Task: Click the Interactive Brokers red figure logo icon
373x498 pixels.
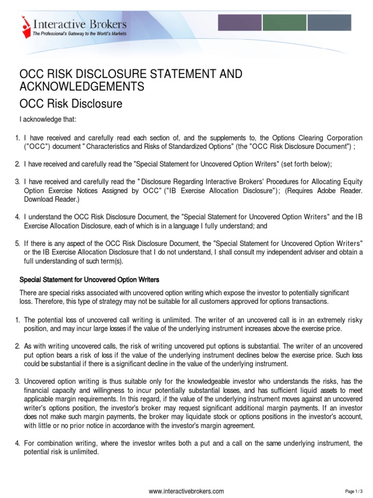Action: pyautogui.click(x=25, y=26)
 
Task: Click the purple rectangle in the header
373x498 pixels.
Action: pyautogui.click(x=239, y=23)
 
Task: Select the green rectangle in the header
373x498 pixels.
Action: pyautogui.click(x=284, y=23)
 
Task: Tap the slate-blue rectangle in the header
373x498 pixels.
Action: pyautogui.click(x=329, y=23)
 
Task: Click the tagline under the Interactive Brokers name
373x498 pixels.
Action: pyautogui.click(x=79, y=33)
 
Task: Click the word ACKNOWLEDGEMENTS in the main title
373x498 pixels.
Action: pyautogui.click(x=82, y=87)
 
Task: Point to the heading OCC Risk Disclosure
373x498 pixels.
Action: pyautogui.click(x=70, y=104)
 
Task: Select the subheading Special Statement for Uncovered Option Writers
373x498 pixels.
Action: pyautogui.click(x=89, y=280)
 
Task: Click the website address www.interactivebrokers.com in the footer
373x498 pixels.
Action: pyautogui.click(x=186, y=491)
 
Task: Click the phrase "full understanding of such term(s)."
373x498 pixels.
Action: pyautogui.click(x=74, y=261)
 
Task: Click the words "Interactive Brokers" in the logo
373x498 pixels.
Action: pyautogui.click(x=79, y=23)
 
